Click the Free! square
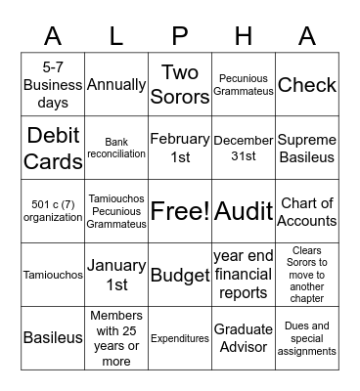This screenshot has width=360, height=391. pyautogui.click(x=180, y=211)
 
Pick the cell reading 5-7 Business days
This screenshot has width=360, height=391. pyautogui.click(x=53, y=85)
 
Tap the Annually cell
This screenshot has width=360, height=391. pyautogui.click(x=116, y=85)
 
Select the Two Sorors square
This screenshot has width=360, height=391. pyautogui.click(x=180, y=85)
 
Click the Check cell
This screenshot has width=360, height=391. pyautogui.click(x=307, y=85)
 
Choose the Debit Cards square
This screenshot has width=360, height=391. pyautogui.click(x=53, y=148)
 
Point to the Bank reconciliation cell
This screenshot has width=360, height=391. pyautogui.click(x=116, y=148)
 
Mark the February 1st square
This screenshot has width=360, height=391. pyautogui.click(x=180, y=148)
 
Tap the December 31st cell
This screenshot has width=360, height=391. pyautogui.click(x=244, y=148)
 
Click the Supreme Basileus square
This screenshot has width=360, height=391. pyautogui.click(x=307, y=148)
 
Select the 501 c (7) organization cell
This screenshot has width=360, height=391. pyautogui.click(x=53, y=211)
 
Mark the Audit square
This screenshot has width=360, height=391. pyautogui.click(x=244, y=211)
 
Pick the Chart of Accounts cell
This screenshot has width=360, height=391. pyautogui.click(x=307, y=211)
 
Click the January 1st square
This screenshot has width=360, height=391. pyautogui.click(x=116, y=275)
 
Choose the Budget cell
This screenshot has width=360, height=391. pyautogui.click(x=180, y=275)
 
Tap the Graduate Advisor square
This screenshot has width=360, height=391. pyautogui.click(x=244, y=338)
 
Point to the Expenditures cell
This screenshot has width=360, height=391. pyautogui.click(x=180, y=338)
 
